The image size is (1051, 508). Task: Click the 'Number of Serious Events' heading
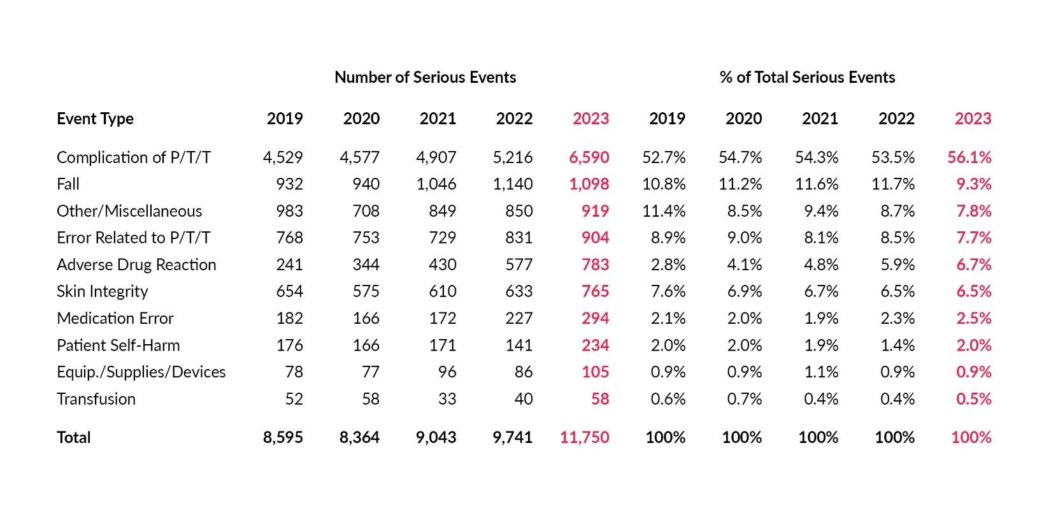[x=425, y=77]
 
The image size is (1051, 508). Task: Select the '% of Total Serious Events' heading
[x=807, y=77]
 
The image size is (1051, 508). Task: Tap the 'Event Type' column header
[x=95, y=119]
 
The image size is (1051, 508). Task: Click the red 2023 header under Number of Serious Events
[x=590, y=119]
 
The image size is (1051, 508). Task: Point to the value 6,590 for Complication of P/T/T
[x=589, y=157]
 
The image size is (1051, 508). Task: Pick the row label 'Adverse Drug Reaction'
[x=136, y=265]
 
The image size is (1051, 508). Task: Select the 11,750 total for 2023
[x=584, y=437]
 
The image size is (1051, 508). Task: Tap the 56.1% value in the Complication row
[x=969, y=157]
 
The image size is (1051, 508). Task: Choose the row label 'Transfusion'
[x=96, y=399]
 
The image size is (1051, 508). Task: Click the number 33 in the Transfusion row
[x=447, y=399]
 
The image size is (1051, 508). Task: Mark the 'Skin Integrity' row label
[x=102, y=291]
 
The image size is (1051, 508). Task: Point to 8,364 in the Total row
[x=359, y=437]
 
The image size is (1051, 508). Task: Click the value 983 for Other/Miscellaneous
[x=289, y=211]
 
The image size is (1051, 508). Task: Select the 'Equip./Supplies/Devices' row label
[x=141, y=372]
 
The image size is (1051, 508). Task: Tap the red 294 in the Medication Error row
[x=595, y=318]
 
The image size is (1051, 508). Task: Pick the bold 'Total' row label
[x=74, y=437]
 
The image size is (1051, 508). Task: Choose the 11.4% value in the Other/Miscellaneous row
[x=664, y=211]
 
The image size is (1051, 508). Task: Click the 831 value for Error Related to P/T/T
[x=518, y=238]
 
